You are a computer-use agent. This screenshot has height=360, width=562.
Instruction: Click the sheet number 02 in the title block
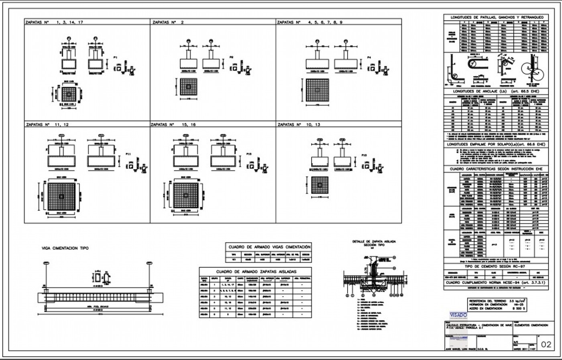pos(546,344)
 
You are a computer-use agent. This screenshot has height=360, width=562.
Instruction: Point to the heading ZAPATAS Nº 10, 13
pos(299,125)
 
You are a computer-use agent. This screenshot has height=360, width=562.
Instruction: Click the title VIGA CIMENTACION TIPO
pos(65,248)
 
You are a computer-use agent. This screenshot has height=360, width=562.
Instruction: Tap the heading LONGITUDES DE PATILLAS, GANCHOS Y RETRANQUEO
pos(497,18)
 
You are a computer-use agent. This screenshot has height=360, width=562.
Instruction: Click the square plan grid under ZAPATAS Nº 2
pos(189,87)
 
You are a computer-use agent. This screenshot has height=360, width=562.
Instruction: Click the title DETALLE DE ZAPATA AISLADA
pos(373,241)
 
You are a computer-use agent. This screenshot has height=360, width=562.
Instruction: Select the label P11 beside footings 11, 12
pos(128,153)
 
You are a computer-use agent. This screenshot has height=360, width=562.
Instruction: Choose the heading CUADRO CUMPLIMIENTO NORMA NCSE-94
pos(497,283)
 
